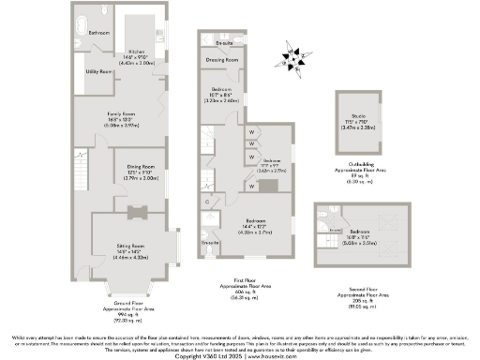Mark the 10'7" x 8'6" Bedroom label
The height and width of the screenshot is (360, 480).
click(x=221, y=95)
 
